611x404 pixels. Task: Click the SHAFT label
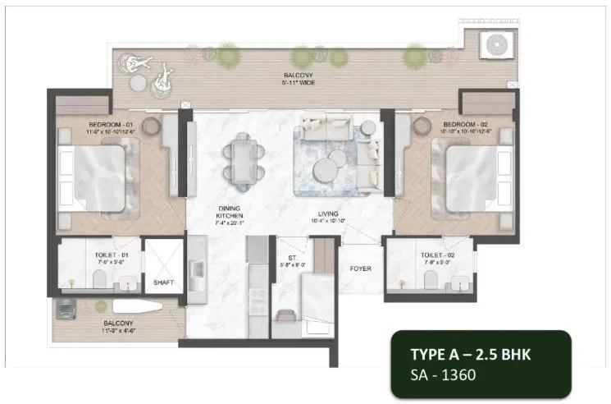pos(163,283)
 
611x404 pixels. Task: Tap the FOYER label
pos(360,267)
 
